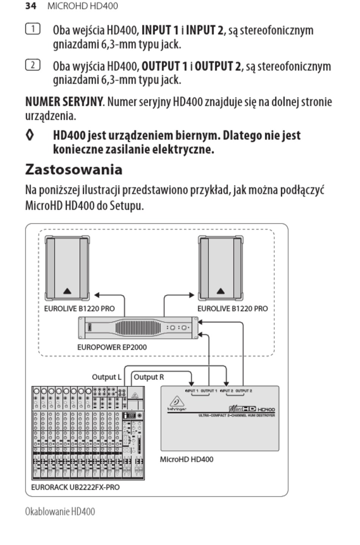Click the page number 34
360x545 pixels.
[x=31, y=6]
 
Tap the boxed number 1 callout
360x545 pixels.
[x=33, y=29]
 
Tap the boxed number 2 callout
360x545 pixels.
[x=33, y=65]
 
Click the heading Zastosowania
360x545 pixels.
[x=74, y=169]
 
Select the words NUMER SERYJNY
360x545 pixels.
[x=64, y=102]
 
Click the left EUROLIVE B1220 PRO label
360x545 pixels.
[x=79, y=308]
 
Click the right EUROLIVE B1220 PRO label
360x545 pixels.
[x=232, y=308]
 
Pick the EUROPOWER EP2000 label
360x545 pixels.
[x=112, y=347]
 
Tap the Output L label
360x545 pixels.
[x=106, y=377]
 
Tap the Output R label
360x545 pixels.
[x=149, y=377]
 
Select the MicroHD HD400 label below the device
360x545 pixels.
[x=186, y=459]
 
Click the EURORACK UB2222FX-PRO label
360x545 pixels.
[x=75, y=487]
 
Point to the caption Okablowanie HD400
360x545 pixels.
[x=60, y=511]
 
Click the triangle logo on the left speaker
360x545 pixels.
[x=67, y=291]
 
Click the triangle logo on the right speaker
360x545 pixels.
[x=221, y=291]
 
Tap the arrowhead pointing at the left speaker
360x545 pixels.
[x=97, y=295]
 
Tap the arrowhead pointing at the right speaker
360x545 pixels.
[x=192, y=295]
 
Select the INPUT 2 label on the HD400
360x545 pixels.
[x=227, y=391]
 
